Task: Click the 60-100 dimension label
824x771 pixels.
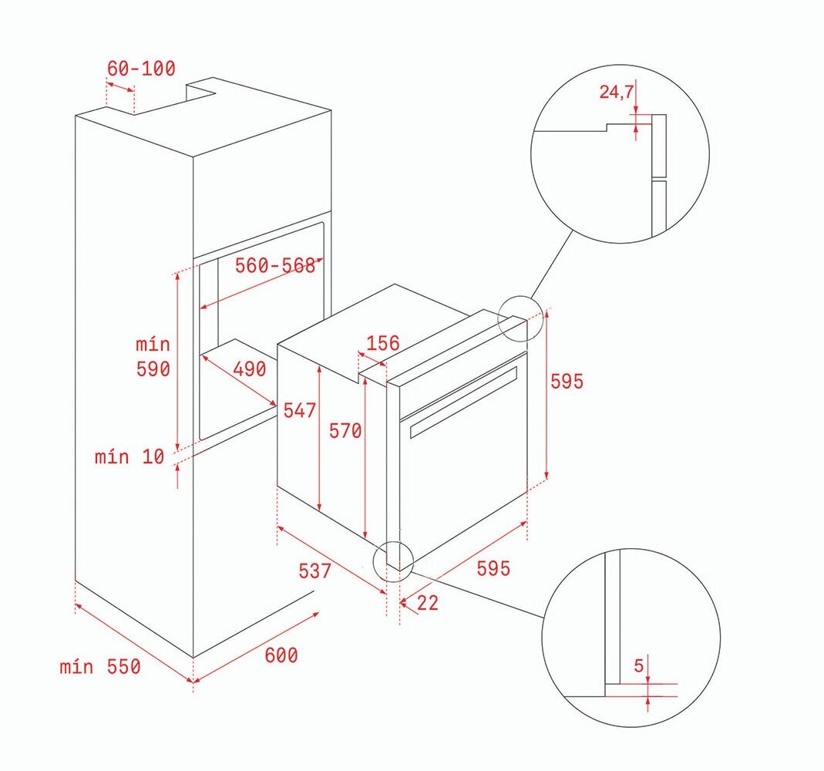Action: (141, 69)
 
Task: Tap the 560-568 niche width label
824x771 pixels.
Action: (275, 265)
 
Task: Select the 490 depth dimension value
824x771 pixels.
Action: (250, 369)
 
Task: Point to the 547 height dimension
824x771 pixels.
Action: (300, 410)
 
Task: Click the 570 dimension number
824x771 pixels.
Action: (345, 431)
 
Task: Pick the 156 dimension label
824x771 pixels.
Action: (383, 343)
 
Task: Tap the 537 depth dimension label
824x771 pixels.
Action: (315, 571)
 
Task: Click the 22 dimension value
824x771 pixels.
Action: (428, 603)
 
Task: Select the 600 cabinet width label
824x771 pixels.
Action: (281, 655)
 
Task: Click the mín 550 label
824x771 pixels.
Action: (100, 666)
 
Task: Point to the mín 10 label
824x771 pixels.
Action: (129, 456)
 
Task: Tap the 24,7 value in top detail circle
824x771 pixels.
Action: (617, 92)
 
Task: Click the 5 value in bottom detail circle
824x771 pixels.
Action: (638, 666)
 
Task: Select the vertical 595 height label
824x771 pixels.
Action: (567, 381)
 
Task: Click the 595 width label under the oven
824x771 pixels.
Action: (493, 568)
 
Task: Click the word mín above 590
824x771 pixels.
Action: (153, 344)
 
